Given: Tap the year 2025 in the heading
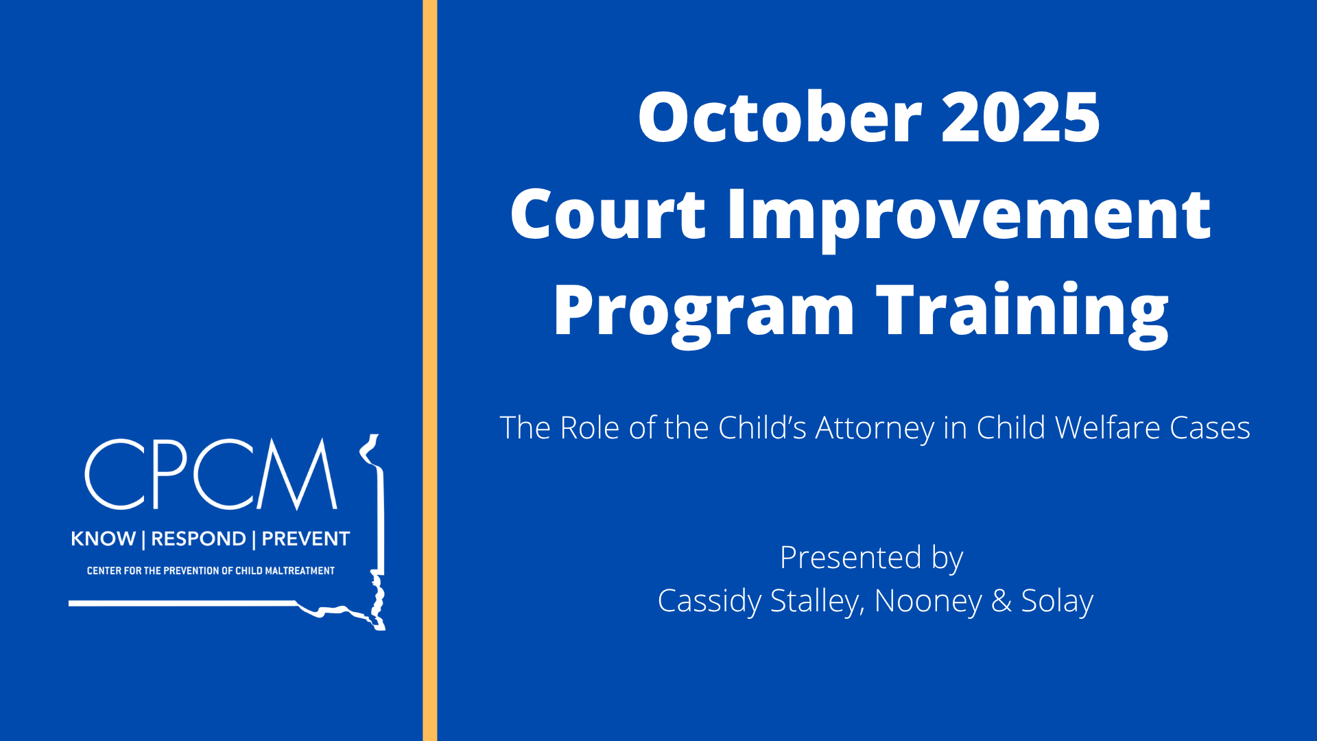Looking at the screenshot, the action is pos(1021,117).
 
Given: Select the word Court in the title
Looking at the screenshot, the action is pos(608,214).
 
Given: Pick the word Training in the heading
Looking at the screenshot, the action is pos(1022,315).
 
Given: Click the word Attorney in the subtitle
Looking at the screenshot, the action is pos(875,429).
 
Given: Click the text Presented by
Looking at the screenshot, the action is pos(871,558).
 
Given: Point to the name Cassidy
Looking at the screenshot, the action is pos(709,602).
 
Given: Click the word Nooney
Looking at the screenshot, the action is pos(928,602).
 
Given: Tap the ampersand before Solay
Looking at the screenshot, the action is pos(1001,601).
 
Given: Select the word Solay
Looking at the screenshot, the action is pos(1057,602).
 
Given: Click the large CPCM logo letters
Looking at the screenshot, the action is pos(211,474).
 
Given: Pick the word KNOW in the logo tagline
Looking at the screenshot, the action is pos(103,539).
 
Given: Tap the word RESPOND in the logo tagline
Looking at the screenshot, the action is pos(198,539).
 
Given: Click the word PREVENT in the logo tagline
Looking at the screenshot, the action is pos(306,539).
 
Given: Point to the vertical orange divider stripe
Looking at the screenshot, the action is pos(429,370).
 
